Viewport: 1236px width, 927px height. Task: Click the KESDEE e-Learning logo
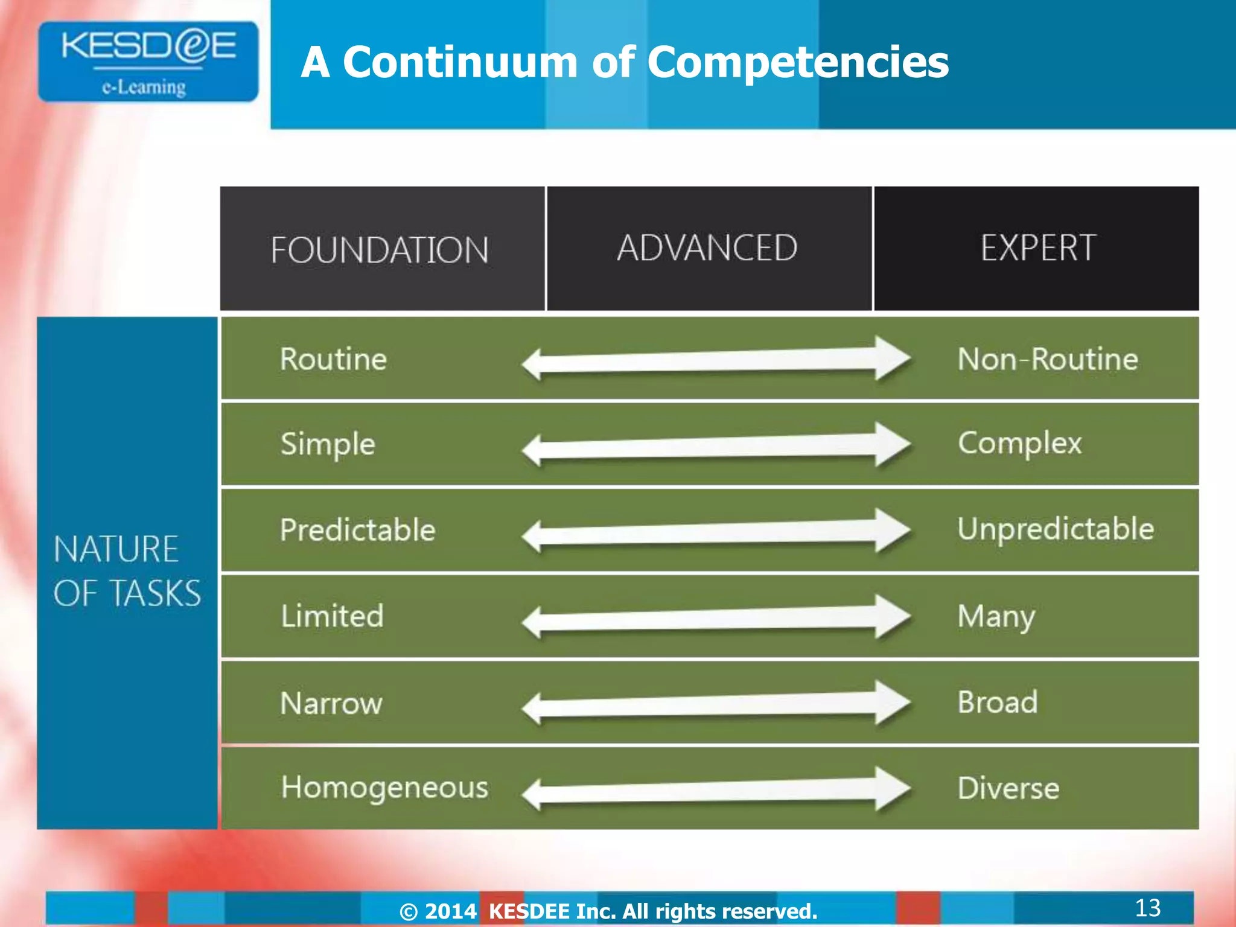(148, 62)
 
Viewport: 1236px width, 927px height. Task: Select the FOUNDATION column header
(380, 250)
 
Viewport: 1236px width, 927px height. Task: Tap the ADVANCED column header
(707, 248)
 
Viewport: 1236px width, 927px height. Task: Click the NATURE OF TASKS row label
(127, 571)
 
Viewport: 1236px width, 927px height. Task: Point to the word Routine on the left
(333, 359)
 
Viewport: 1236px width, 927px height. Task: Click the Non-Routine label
(1048, 359)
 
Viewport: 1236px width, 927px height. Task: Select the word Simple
(328, 445)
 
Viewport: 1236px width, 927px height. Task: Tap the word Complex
(1020, 444)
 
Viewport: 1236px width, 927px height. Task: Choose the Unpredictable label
(1056, 529)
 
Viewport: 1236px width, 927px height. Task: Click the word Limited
(332, 616)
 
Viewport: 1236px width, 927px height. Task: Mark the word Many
(996, 617)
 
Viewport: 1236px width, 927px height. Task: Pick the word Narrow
(331, 703)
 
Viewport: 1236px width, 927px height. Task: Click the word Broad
(998, 702)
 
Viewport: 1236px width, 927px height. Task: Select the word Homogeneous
(384, 788)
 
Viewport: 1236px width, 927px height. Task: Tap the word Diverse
(1008, 788)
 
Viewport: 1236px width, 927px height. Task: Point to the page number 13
(1147, 908)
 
